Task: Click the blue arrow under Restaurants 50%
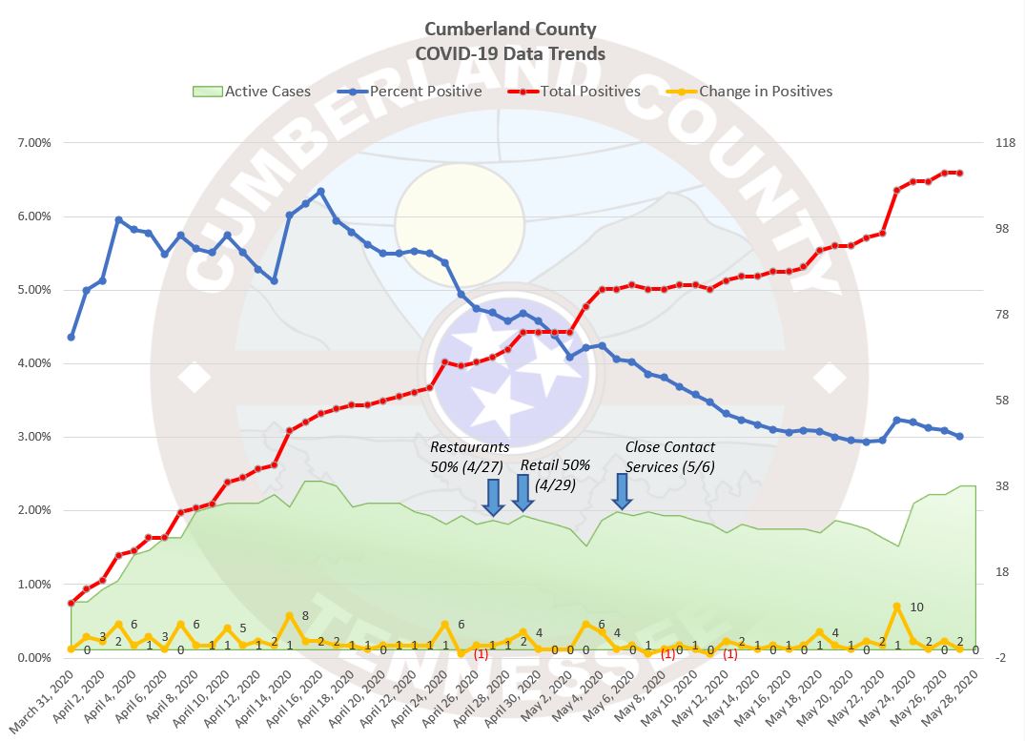coord(493,497)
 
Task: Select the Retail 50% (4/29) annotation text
coord(555,474)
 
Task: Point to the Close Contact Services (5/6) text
coord(669,456)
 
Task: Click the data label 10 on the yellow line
coord(916,607)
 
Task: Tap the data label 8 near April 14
coord(305,616)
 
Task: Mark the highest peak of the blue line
coord(320,192)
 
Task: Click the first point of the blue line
coord(72,337)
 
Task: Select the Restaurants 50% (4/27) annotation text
coord(470,456)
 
